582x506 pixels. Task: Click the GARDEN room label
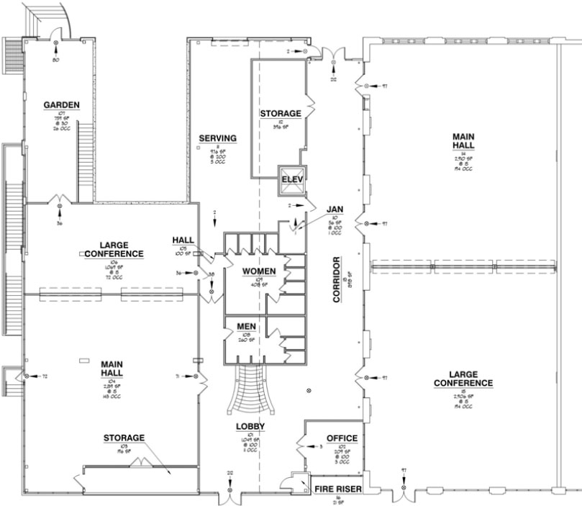[61, 105]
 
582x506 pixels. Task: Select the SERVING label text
[219, 138]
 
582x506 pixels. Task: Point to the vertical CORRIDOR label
[336, 279]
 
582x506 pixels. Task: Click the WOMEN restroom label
[259, 271]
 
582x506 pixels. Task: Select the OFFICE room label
[342, 438]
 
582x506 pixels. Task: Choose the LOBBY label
[251, 427]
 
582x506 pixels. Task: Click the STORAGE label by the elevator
[279, 114]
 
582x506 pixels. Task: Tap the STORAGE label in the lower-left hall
[123, 438]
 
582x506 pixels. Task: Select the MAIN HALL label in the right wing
[463, 141]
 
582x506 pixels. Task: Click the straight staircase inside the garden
[86, 160]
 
